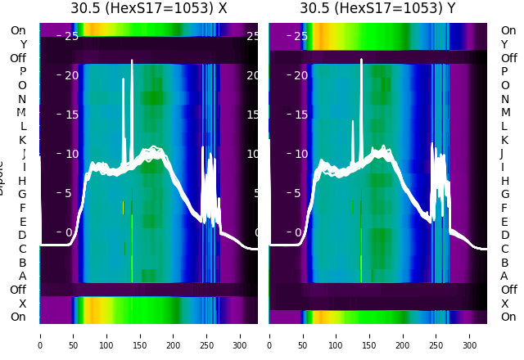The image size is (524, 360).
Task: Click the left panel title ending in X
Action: coord(149,9)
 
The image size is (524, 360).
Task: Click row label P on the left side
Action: coord(23,72)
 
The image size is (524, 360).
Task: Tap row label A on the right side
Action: coord(504,277)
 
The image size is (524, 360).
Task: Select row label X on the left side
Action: coord(23,304)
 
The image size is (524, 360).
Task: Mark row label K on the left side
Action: coord(23,140)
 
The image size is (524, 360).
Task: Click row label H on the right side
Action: coord(504,181)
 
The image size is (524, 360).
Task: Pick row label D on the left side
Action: coord(23,236)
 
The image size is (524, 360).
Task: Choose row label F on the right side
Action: coord(504,208)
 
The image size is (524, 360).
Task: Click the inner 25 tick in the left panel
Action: coord(71,36)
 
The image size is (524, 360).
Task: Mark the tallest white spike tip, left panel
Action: coord(132,61)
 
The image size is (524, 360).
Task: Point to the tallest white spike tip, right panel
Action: coord(361,60)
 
